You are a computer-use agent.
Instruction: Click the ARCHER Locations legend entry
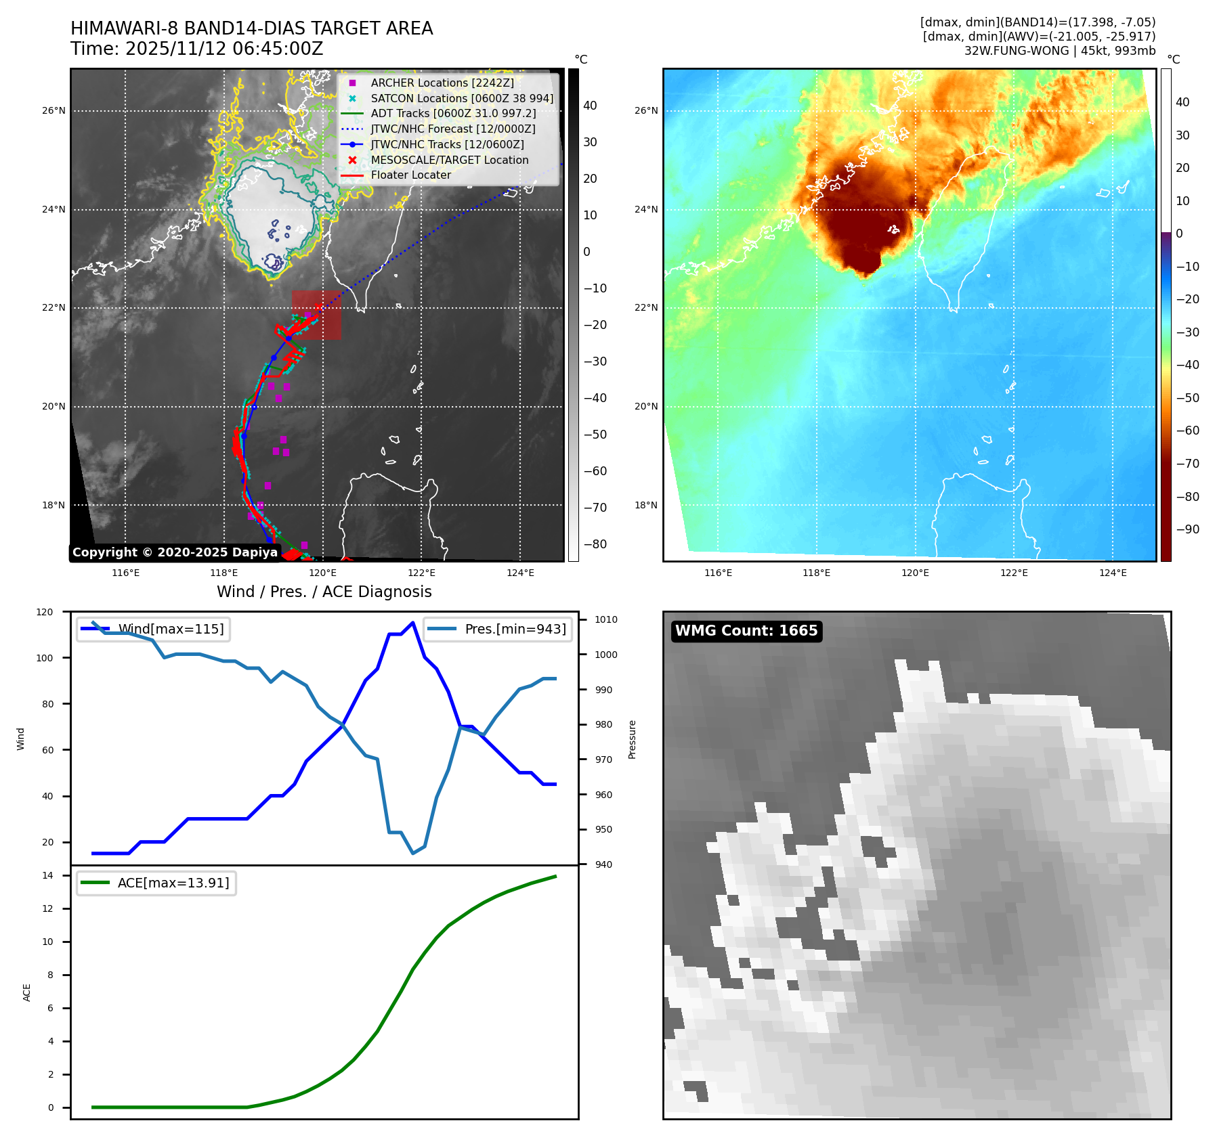click(x=442, y=83)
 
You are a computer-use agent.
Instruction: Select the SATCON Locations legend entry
click(x=461, y=98)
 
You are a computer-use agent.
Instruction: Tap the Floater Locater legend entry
click(x=410, y=175)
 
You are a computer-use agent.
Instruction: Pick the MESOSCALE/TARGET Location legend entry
click(x=449, y=160)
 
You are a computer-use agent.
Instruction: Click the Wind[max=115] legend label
click(x=171, y=629)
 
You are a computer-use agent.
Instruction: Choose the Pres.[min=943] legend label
click(x=515, y=629)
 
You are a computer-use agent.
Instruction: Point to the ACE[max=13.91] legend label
click(x=173, y=883)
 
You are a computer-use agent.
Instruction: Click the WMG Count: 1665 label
click(x=746, y=631)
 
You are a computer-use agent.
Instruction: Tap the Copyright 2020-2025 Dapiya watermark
click(x=175, y=552)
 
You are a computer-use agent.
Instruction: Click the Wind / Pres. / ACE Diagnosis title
click(x=324, y=592)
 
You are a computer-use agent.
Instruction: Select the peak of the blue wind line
click(x=413, y=623)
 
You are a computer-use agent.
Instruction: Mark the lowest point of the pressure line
click(x=413, y=853)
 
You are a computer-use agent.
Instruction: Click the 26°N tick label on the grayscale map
click(x=54, y=110)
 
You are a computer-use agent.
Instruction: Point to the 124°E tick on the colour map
click(x=1113, y=573)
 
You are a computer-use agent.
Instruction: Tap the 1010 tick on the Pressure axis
click(x=605, y=619)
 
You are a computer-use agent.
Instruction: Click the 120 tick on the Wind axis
click(x=45, y=612)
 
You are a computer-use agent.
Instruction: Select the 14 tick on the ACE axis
click(x=47, y=875)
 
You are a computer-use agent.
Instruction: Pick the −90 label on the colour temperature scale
click(x=1188, y=529)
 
